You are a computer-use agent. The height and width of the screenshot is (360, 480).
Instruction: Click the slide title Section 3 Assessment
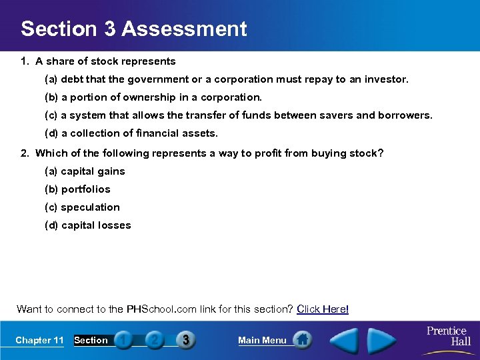coord(133,29)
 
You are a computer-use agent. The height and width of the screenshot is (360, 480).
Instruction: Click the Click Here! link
coord(323,309)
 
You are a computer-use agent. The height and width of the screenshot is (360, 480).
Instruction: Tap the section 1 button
coord(123,340)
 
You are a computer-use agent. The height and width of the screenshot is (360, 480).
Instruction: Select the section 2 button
coord(154,340)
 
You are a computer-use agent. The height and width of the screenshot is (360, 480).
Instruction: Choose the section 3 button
coord(185,340)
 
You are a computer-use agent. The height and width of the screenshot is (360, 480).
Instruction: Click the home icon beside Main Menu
coord(303,340)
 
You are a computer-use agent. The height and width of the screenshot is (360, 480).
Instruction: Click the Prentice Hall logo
coord(448,335)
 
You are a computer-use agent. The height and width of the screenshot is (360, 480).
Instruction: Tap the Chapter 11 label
coord(39,340)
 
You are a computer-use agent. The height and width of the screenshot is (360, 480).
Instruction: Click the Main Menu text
coord(262,340)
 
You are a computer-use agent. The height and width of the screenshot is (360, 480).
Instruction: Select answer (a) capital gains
coord(85,171)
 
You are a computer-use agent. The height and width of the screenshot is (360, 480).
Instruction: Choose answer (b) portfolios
coord(77,189)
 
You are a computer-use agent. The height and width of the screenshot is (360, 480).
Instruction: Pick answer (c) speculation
coord(82,207)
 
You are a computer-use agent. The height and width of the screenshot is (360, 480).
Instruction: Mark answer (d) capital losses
coord(87,225)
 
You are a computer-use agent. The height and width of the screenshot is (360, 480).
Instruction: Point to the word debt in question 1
coord(73,79)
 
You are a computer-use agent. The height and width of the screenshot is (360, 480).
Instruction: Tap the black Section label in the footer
coord(91,340)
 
